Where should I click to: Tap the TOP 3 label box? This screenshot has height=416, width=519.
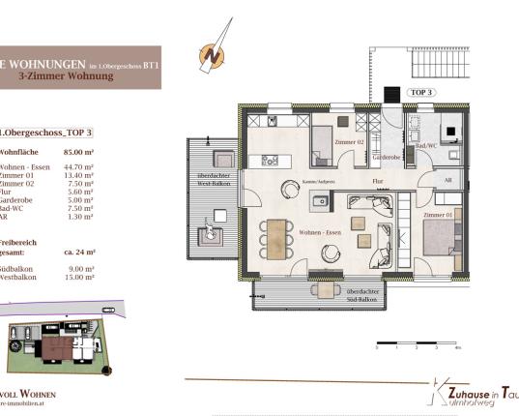pyautogui.click(x=423, y=92)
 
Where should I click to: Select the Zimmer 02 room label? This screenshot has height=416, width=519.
pyautogui.click(x=349, y=142)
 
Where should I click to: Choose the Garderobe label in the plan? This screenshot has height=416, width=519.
pyautogui.click(x=388, y=155)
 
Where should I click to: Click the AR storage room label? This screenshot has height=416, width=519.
pyautogui.click(x=447, y=179)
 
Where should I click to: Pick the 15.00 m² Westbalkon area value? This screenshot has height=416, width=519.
pyautogui.click(x=79, y=276)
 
